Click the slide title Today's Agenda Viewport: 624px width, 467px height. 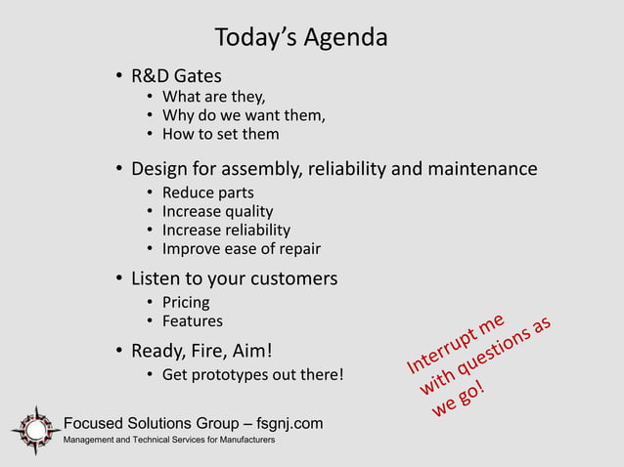[301, 38]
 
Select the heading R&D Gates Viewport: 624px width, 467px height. [176, 75]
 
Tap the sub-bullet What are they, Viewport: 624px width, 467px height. [213, 97]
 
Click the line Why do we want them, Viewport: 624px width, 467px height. [244, 115]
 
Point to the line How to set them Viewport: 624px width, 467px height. [220, 134]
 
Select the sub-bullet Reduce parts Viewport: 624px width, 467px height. [207, 192]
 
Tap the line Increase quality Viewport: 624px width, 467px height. [217, 211]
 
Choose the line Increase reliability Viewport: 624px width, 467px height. [226, 230]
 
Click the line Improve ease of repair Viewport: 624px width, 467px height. [241, 248]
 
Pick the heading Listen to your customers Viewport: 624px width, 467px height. [235, 278]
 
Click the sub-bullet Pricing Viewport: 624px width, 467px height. [186, 302]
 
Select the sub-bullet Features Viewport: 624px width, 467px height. [192, 320]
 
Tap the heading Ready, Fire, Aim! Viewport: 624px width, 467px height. [201, 351]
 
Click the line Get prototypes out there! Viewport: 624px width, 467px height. [252, 375]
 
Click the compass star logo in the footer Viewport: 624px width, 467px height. [36, 430]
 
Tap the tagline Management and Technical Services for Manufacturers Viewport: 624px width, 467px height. [169, 442]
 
